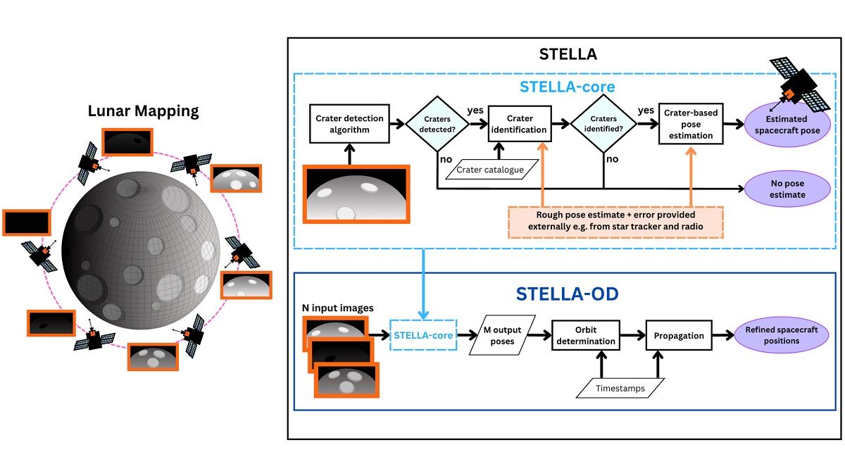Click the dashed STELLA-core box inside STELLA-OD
[x=423, y=336]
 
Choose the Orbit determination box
[x=585, y=336]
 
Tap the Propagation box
[x=679, y=336]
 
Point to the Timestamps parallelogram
[x=618, y=387]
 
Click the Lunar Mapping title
[x=143, y=111]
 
